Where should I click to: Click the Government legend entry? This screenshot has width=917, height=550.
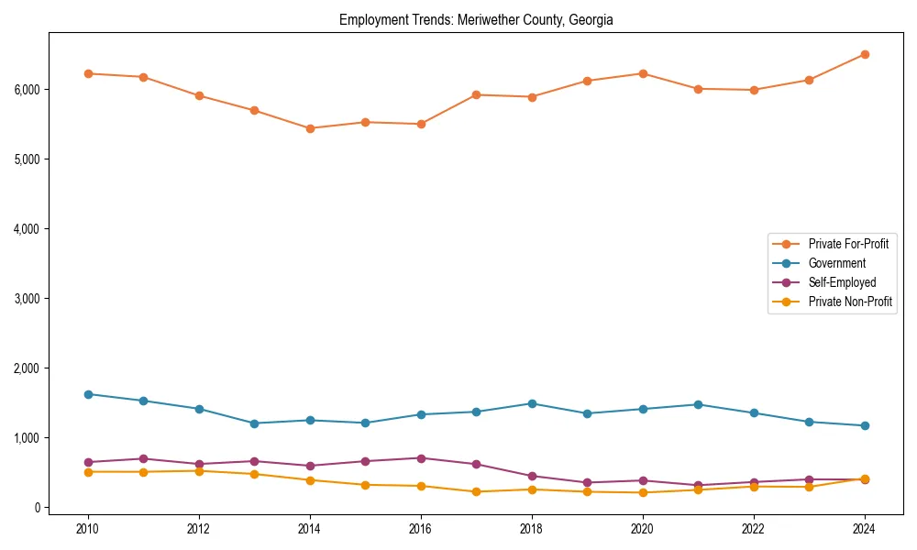click(x=836, y=263)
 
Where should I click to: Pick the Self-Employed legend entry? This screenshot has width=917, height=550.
click(x=842, y=282)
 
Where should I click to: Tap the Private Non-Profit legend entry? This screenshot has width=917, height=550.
click(x=850, y=302)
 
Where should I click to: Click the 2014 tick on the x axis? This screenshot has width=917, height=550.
click(x=310, y=529)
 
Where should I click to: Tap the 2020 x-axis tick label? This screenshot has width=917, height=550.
click(x=642, y=529)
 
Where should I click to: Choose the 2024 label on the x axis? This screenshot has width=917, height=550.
click(x=864, y=529)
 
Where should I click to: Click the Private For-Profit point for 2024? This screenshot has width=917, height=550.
click(x=864, y=54)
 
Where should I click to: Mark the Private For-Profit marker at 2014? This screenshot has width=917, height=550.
click(x=310, y=128)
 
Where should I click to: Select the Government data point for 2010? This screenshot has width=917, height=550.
click(x=88, y=394)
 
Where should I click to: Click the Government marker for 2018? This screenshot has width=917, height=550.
click(x=532, y=403)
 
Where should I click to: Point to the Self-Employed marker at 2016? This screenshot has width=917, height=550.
click(x=421, y=458)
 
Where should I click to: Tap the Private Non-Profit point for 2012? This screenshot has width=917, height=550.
click(x=199, y=471)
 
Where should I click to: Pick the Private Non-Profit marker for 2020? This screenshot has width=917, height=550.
click(x=642, y=492)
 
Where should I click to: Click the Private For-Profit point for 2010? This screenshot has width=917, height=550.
click(x=88, y=73)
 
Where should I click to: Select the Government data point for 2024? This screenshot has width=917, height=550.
click(x=864, y=425)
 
